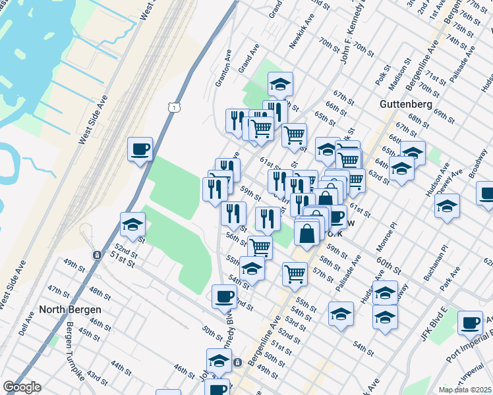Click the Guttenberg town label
point(405,104)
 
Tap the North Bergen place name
point(70,309)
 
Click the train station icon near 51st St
point(97,255)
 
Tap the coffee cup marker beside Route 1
point(140,150)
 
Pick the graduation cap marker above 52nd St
point(132,225)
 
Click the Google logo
point(22,387)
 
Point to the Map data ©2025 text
point(465,390)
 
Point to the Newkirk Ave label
point(299,34)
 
